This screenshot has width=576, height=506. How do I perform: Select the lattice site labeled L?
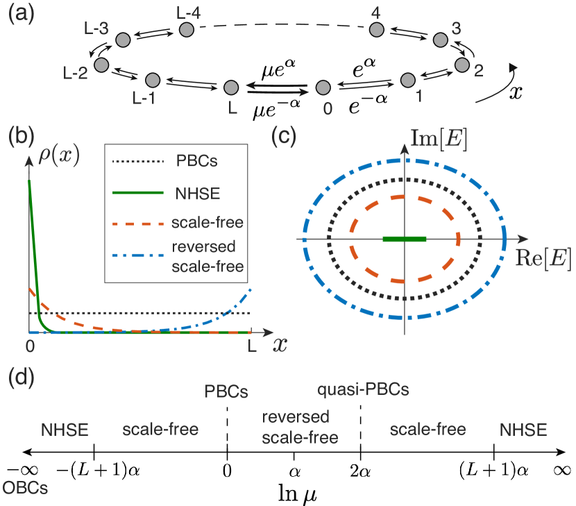coord(232,87)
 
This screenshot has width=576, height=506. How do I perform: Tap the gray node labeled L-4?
coord(186,29)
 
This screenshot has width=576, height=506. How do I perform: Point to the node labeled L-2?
coord(101,65)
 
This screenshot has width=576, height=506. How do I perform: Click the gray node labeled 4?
coord(377,29)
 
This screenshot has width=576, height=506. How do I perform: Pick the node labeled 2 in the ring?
coord(462,65)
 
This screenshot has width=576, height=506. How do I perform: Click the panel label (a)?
coord(22,15)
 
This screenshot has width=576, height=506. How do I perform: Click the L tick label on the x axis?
coord(252,346)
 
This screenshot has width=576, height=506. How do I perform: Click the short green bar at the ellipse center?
coord(405,239)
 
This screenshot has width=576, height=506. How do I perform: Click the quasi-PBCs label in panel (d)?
coord(363,389)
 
